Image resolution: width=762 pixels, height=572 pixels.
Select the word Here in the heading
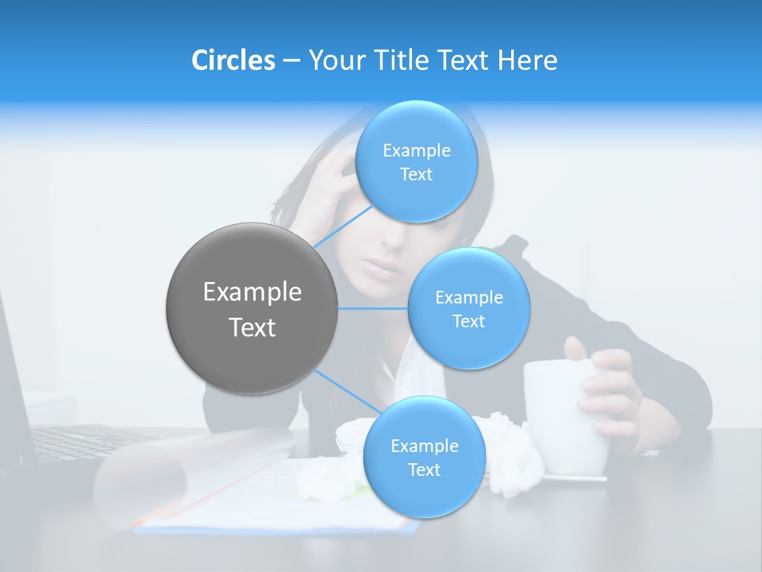(527, 60)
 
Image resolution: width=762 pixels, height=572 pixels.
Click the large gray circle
(252, 309)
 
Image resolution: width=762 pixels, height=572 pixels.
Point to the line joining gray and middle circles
(373, 308)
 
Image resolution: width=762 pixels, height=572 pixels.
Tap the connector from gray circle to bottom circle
(346, 391)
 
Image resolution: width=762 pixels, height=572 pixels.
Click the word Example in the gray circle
(252, 292)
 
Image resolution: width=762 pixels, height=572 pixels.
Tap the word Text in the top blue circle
(416, 175)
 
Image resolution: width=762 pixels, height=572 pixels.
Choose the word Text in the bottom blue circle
(424, 470)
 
